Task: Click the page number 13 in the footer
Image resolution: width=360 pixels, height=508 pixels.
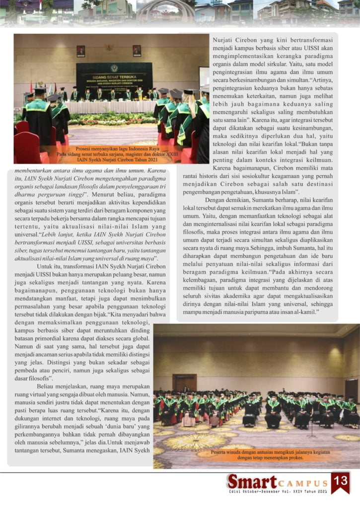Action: pyautogui.click(x=341, y=481)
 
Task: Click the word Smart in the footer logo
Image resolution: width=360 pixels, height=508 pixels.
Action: pyautogui.click(x=252, y=481)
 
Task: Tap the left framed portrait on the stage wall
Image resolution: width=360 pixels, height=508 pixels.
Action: pyautogui.click(x=80, y=51)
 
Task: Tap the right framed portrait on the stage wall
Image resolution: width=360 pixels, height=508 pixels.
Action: pyautogui.click(x=137, y=51)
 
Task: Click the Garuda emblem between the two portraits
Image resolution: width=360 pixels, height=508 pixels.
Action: pyautogui.click(x=109, y=48)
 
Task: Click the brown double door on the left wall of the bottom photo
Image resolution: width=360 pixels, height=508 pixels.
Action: pyautogui.click(x=184, y=382)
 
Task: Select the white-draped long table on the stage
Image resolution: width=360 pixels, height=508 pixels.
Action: pyautogui.click(x=112, y=107)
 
